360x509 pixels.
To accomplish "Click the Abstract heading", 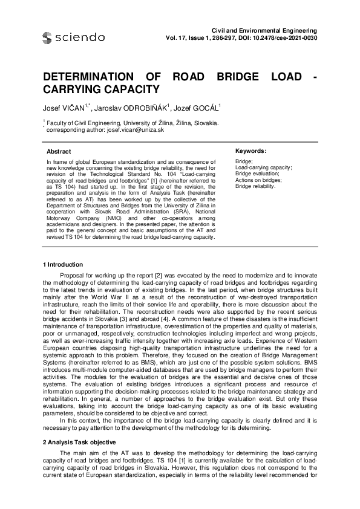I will pyautogui.click(x=59, y=151).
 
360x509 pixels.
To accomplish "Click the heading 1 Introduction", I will pyautogui.click(x=65, y=265).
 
